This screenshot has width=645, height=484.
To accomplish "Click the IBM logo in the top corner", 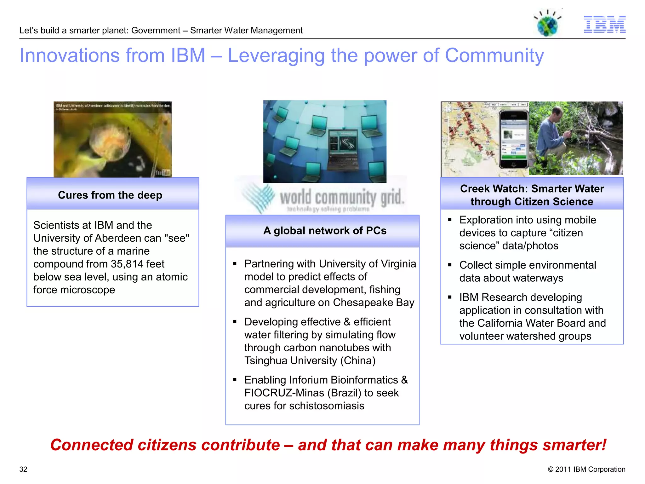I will click(x=604, y=24).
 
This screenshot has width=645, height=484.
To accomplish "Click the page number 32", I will click(x=23, y=469).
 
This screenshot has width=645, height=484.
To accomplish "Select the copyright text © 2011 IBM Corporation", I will click(x=586, y=469).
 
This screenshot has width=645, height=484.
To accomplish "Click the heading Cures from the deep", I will click(x=110, y=195).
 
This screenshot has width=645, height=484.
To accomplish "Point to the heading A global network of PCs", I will click(x=325, y=231).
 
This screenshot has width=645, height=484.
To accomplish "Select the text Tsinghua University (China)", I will click(x=310, y=360).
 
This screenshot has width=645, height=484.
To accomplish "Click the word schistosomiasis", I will click(x=327, y=406).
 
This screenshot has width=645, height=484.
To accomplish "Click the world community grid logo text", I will click(x=341, y=198).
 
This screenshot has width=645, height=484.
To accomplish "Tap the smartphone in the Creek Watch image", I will click(x=514, y=139).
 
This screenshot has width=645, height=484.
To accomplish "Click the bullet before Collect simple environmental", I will click(x=450, y=265).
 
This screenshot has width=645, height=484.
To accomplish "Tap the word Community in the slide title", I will click(x=494, y=55).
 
